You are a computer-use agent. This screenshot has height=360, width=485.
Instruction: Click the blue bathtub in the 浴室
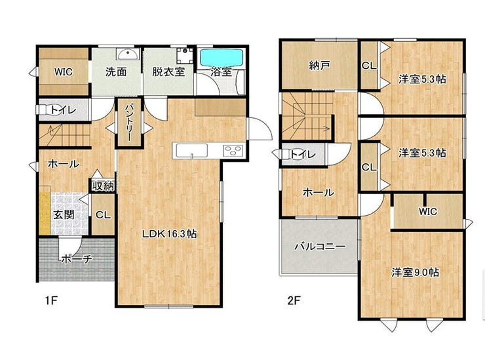pos(221,57)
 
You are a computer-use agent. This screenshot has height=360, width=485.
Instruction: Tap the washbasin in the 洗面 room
pos(128,54)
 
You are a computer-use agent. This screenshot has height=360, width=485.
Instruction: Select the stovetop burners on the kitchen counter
pos(233,150)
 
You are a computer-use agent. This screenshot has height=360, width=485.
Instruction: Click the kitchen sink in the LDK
pos(191,151)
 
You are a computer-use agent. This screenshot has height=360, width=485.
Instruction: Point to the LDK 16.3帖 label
pos(169,234)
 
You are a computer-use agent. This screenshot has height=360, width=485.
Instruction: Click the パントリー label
pos(129,122)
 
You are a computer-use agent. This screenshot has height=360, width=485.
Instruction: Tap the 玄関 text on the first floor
pos(64,214)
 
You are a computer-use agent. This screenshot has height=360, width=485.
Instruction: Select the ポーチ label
pos(77,258)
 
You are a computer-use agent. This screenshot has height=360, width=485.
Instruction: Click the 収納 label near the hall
pos(103,186)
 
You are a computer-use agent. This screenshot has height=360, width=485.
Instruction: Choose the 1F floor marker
pos(51,300)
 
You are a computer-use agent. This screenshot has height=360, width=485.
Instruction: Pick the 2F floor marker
pos(294,300)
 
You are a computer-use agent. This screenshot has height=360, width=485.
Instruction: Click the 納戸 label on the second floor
pos(320,66)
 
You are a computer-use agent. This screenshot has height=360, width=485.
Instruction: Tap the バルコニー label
pos(320,247)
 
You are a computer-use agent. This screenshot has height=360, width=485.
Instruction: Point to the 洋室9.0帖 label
pos(415,272)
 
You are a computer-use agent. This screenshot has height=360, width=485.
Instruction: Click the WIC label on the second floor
pos(428,211)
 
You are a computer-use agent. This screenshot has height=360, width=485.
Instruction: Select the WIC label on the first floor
pos(64,72)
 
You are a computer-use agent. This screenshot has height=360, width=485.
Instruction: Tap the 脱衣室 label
pos(168,72)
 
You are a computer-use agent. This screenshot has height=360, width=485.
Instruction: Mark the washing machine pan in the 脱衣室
pos(185,56)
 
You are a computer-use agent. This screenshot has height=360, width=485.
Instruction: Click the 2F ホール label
pos(319,193)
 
